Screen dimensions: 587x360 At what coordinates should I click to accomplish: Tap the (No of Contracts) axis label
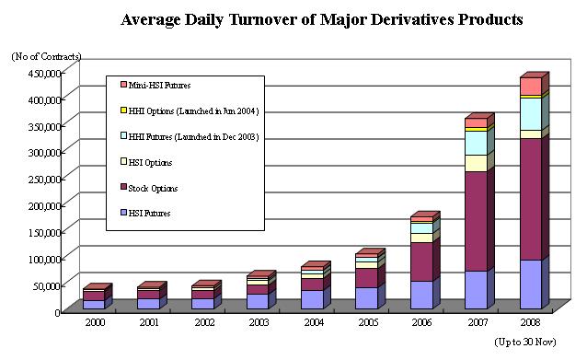(46, 56)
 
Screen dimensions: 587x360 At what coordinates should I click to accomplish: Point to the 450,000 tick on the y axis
(45, 73)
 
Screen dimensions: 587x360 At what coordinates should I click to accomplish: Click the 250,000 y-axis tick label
(45, 179)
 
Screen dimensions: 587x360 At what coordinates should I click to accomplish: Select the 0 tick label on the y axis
(57, 312)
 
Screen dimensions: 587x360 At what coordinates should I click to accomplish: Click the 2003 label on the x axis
(259, 322)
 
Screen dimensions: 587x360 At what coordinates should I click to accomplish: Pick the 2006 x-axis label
(422, 322)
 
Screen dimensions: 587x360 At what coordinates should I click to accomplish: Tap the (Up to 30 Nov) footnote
(525, 342)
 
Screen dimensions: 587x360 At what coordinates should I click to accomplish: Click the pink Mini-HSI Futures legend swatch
(124, 85)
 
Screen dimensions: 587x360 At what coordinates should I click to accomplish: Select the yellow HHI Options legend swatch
(124, 110)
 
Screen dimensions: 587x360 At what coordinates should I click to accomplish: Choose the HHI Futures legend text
(193, 137)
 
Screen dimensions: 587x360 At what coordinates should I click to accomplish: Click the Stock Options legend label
(153, 188)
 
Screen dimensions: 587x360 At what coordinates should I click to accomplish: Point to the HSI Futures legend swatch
(124, 213)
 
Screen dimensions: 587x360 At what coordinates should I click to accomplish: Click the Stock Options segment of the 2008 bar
(531, 199)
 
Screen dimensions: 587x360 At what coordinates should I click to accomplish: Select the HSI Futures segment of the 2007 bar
(477, 290)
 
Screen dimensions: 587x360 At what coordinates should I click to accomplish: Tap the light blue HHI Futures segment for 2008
(531, 114)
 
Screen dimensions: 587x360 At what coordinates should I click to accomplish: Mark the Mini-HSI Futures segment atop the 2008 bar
(531, 87)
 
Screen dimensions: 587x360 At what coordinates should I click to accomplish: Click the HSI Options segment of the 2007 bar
(477, 163)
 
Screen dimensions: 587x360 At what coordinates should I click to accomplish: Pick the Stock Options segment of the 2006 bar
(422, 261)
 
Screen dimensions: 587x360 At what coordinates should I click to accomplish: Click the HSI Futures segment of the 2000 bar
(94, 305)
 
